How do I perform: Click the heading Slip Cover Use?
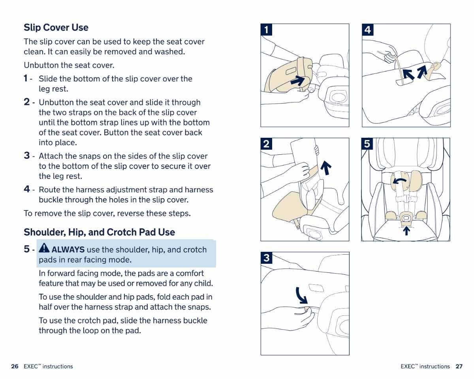[x=56, y=28]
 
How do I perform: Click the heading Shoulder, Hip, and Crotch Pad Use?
[x=99, y=232]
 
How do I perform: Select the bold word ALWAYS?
[x=68, y=250]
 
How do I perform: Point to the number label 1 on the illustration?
[x=266, y=30]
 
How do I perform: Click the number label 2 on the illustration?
[x=266, y=144]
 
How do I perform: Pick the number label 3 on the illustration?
[x=266, y=258]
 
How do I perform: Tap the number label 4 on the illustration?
[x=368, y=30]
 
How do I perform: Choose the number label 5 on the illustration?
[x=367, y=144]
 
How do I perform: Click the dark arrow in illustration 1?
[x=298, y=81]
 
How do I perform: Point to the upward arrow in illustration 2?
[x=325, y=167]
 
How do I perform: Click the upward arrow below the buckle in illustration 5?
[x=406, y=230]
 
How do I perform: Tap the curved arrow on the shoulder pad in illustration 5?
[x=401, y=181]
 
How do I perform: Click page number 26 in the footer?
[x=15, y=366]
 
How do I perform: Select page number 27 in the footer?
[x=459, y=366]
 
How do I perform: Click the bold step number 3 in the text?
[x=27, y=156]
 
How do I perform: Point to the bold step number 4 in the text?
[x=27, y=189]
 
